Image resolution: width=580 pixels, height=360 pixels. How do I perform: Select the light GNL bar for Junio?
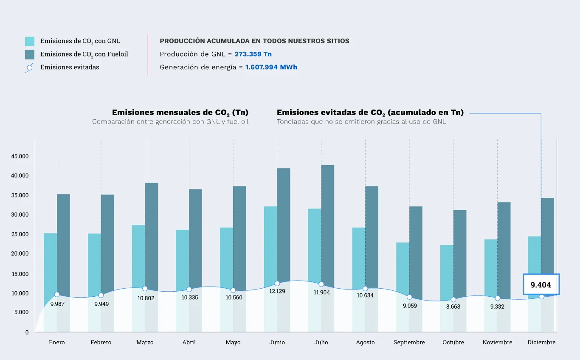(x=270, y=242)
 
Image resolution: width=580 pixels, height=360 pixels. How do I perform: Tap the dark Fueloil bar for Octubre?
(x=459, y=250)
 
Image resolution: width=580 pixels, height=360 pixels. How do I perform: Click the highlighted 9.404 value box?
(x=541, y=284)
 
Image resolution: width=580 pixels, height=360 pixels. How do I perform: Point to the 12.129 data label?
(x=277, y=291)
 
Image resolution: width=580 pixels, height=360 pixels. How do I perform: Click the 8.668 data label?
(x=453, y=307)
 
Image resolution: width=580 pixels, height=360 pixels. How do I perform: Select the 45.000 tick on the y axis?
(x=20, y=156)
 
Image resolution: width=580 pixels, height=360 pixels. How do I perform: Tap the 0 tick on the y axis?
(x=27, y=332)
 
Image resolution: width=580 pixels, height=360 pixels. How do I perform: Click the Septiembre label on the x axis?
(x=409, y=342)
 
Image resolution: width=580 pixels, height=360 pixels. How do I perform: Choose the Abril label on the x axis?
(x=189, y=342)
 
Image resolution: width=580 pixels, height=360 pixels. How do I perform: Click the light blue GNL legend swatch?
(x=30, y=41)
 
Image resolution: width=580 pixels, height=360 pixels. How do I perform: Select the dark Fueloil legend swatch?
(x=30, y=54)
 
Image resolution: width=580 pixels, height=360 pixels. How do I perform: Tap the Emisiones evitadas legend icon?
(x=30, y=67)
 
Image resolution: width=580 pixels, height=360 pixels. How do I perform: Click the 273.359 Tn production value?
(x=253, y=54)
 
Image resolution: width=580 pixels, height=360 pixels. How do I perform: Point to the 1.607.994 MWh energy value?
(x=271, y=67)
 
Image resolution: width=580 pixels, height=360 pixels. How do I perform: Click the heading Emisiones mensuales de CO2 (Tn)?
(x=180, y=112)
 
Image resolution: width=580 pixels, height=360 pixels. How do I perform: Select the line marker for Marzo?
(x=145, y=289)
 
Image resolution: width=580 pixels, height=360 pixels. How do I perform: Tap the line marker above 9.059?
(x=409, y=297)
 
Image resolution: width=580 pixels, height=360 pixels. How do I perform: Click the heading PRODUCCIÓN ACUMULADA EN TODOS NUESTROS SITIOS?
(x=254, y=41)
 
